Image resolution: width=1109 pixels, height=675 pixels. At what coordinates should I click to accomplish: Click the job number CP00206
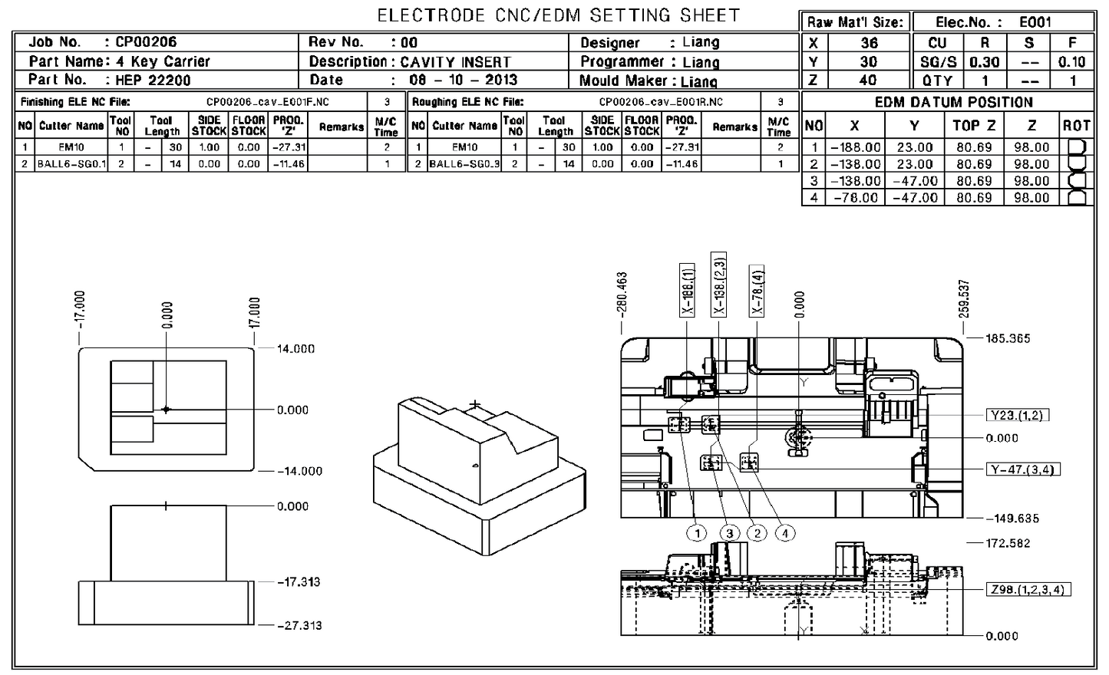click(x=146, y=42)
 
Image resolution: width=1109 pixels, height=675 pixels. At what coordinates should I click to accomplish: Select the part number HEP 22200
click(x=153, y=80)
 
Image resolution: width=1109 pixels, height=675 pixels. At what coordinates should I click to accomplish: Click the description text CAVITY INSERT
click(x=455, y=61)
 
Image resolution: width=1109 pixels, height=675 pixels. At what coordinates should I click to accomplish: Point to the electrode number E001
click(x=1035, y=22)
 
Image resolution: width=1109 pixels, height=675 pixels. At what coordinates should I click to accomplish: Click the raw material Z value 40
click(x=868, y=80)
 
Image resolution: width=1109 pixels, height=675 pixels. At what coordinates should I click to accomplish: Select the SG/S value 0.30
click(x=985, y=62)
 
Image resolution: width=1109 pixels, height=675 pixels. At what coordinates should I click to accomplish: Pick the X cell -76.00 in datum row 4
click(x=855, y=198)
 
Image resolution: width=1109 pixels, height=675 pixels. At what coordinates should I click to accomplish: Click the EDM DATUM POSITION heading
click(x=954, y=102)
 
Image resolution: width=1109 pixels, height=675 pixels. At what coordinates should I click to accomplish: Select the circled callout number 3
click(x=729, y=533)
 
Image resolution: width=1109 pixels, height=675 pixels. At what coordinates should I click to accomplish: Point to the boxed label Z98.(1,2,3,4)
click(x=1028, y=589)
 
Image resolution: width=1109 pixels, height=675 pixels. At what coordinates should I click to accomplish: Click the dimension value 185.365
click(x=1008, y=338)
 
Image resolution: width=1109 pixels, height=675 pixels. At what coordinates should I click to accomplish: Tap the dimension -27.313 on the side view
click(x=299, y=625)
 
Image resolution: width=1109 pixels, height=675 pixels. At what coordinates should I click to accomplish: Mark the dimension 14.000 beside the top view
click(x=295, y=348)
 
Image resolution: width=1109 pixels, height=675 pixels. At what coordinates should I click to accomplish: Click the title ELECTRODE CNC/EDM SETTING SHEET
click(x=559, y=15)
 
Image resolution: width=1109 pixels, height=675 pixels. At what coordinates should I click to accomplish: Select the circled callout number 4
click(x=784, y=533)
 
